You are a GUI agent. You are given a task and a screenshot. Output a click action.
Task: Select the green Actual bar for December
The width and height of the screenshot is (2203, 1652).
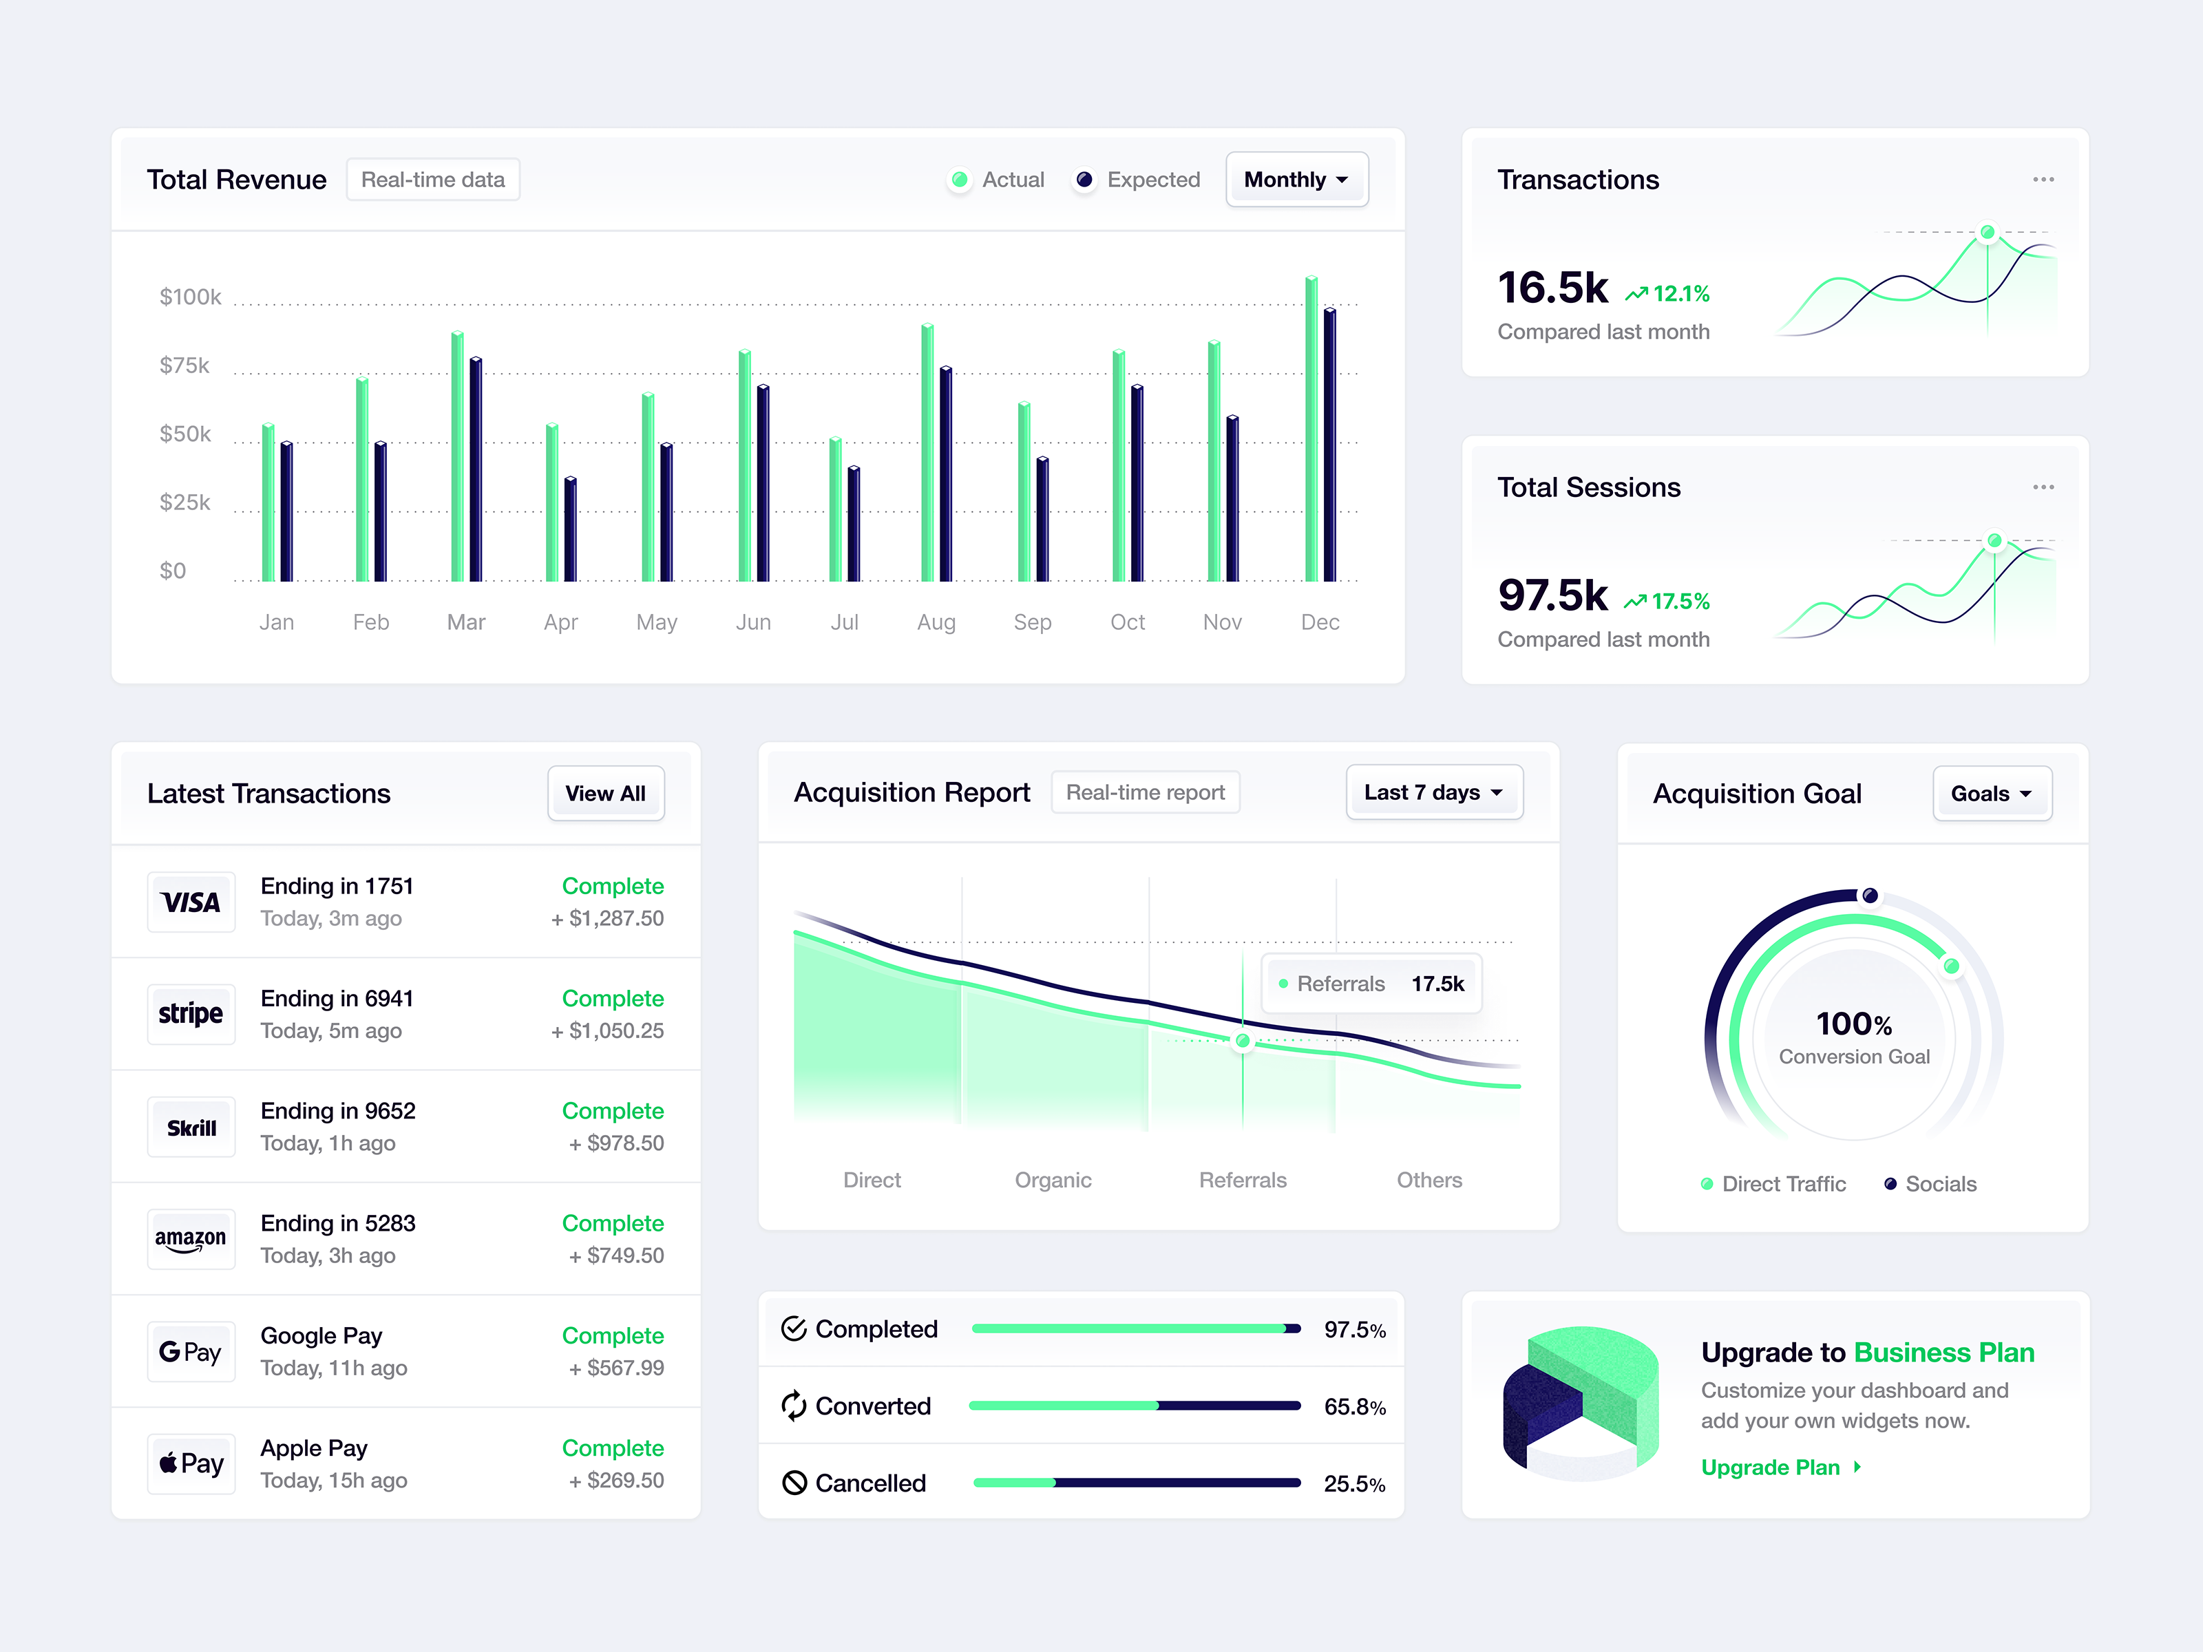pyautogui.click(x=1311, y=428)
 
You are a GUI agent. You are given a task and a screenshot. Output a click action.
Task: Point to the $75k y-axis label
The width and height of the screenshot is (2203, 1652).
pyautogui.click(x=185, y=366)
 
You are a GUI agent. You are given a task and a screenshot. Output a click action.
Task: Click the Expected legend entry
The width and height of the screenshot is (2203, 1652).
pyautogui.click(x=1137, y=180)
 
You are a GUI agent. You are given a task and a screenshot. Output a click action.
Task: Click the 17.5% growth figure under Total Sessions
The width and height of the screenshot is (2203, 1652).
pyautogui.click(x=1679, y=602)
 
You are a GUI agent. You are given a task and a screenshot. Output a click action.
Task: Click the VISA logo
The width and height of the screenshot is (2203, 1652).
pyautogui.click(x=191, y=902)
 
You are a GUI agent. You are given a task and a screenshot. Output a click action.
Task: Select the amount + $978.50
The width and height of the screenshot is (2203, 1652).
pyautogui.click(x=615, y=1143)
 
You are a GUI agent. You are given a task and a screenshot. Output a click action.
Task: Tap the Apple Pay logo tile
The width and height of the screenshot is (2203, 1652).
pyautogui.click(x=191, y=1464)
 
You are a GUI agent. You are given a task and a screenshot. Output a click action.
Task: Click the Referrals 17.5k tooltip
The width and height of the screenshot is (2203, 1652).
pyautogui.click(x=1371, y=984)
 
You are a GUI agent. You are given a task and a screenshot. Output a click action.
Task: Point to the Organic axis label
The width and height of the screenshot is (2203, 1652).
pyautogui.click(x=1053, y=1180)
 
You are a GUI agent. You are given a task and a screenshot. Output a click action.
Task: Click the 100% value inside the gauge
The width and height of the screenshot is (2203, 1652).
pyautogui.click(x=1853, y=1024)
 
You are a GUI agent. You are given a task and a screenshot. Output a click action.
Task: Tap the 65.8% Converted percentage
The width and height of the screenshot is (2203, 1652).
pyautogui.click(x=1353, y=1407)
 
